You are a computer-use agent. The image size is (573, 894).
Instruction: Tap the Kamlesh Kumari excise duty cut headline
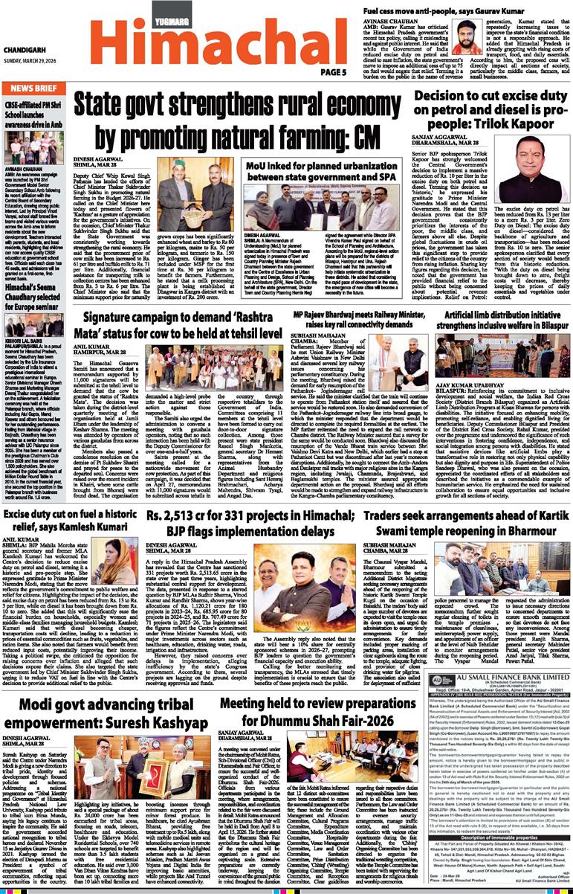click(x=69, y=499)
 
